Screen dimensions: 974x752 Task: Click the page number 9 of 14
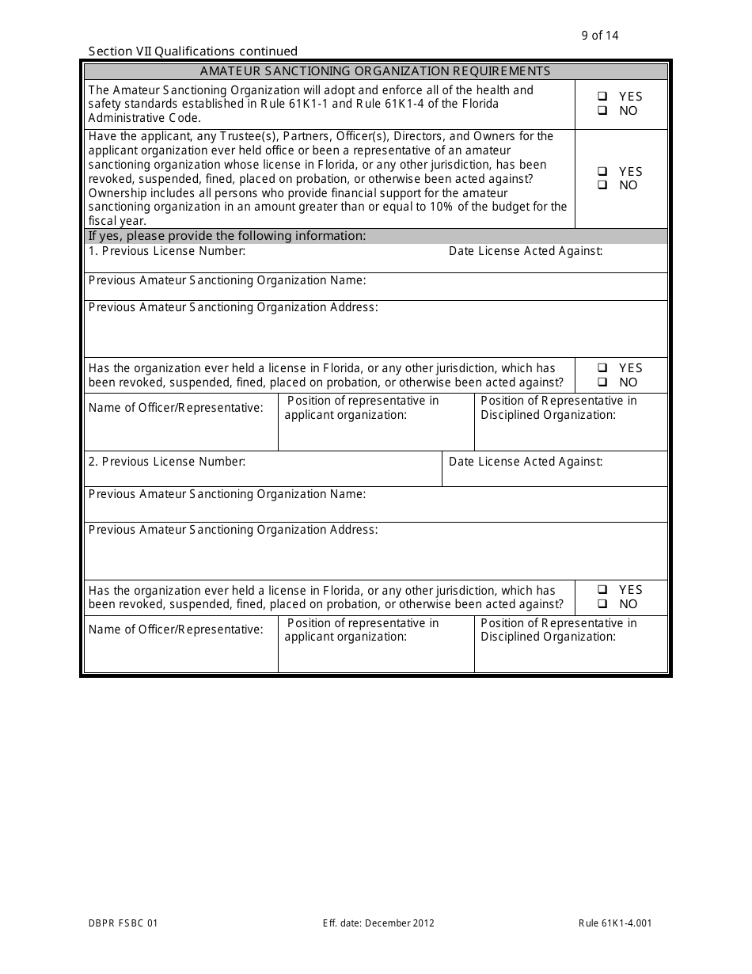click(599, 35)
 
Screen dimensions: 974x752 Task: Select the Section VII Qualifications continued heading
click(193, 51)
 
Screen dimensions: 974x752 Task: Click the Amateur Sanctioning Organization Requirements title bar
click(375, 71)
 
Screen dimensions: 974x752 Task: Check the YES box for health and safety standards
click(603, 97)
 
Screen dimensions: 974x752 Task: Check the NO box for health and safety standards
click(603, 111)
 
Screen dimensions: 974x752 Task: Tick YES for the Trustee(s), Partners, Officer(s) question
click(603, 171)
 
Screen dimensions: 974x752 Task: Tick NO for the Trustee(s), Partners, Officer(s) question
click(603, 185)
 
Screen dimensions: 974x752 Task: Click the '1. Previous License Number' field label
click(167, 251)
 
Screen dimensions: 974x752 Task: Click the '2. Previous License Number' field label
click(167, 462)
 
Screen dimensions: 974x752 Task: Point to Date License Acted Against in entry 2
click(526, 462)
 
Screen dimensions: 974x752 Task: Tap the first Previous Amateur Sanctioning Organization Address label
click(233, 307)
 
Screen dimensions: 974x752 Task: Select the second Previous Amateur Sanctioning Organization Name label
click(227, 494)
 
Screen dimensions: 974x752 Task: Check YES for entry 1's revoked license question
click(603, 368)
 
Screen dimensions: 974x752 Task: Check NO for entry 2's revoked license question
click(603, 604)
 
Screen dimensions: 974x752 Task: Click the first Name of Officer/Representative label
click(176, 408)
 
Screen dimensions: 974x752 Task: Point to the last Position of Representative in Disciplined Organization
click(558, 630)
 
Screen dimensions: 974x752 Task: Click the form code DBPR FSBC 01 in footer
click(123, 923)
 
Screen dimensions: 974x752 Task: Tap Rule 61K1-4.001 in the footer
click(615, 923)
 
